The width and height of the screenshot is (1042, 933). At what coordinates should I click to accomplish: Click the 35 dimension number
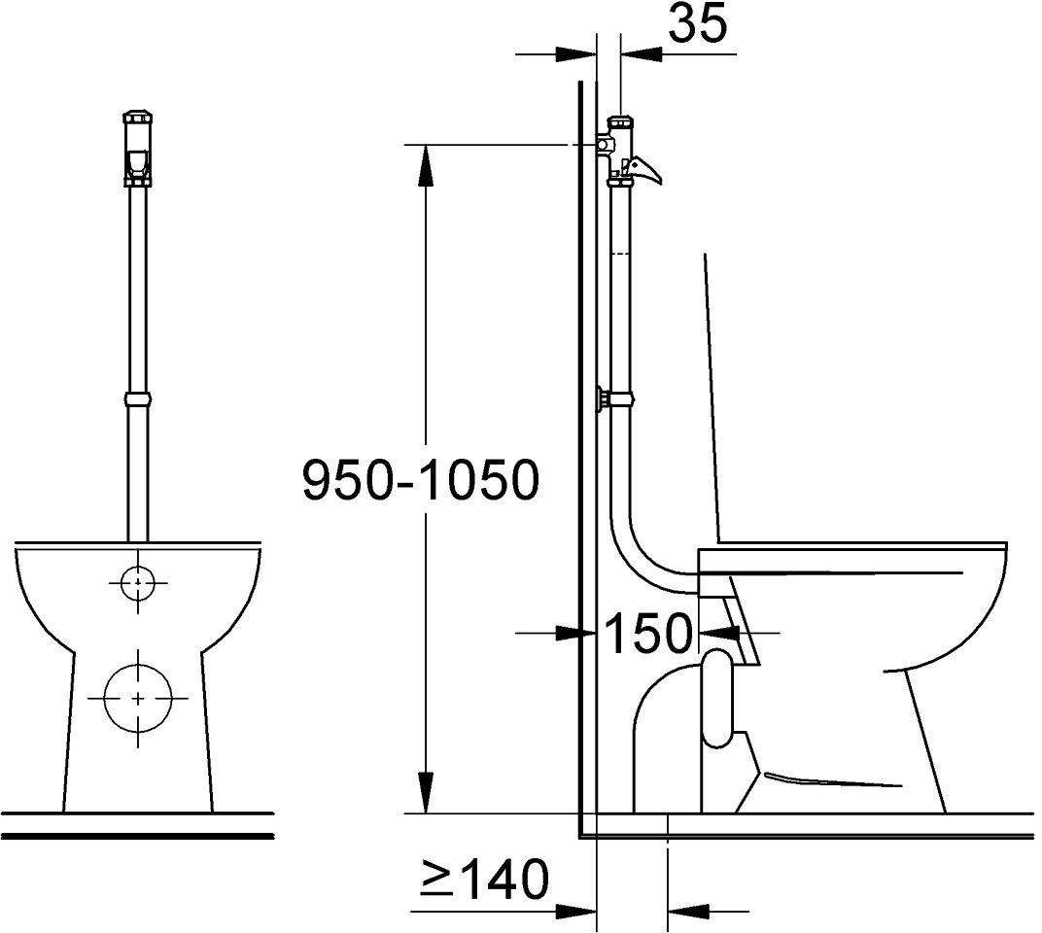click(697, 24)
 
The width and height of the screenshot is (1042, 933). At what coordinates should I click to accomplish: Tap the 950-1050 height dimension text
click(420, 480)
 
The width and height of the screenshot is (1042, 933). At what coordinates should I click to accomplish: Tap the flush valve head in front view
click(138, 148)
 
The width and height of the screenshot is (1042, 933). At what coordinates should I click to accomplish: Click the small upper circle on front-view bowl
click(138, 583)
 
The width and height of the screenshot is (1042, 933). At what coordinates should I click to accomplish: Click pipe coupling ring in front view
click(138, 399)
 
